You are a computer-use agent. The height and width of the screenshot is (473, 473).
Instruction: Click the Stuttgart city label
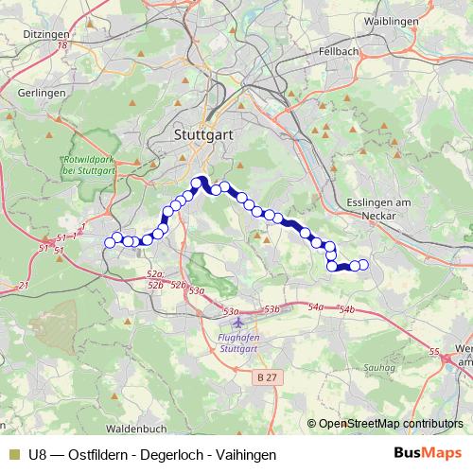[x=203, y=135]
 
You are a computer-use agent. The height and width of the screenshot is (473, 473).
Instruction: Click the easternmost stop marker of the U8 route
[x=363, y=266]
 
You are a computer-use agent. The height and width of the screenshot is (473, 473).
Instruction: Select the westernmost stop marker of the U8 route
[x=109, y=243]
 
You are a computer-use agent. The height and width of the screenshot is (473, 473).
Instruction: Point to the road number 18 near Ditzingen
[x=62, y=44]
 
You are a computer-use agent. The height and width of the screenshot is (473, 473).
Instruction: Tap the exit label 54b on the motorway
[x=345, y=310]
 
